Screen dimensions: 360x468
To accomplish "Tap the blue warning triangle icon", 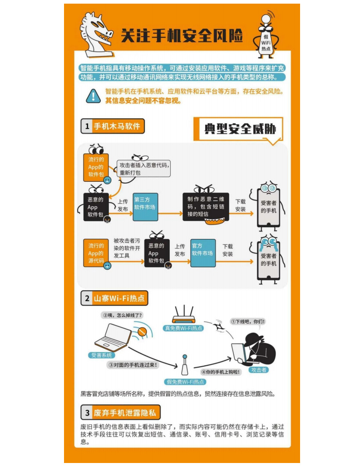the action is point(93,96).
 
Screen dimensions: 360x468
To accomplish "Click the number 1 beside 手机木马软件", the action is point(87,126).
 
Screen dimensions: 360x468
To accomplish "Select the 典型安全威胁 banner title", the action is point(240,129).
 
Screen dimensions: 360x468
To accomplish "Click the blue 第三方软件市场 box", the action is point(145,207).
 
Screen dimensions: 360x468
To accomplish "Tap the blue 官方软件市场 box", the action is point(203,253).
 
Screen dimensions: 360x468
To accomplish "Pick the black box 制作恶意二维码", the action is point(206,207).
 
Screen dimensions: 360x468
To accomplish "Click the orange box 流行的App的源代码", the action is point(96,253).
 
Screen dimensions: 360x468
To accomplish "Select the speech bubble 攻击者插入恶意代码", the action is point(144,169).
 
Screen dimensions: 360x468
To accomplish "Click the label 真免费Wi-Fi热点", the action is point(184,329).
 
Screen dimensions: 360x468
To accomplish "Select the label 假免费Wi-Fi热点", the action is point(185,382).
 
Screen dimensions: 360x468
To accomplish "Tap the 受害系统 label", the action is point(101,355).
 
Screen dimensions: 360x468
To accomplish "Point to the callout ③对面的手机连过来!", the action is point(133,365).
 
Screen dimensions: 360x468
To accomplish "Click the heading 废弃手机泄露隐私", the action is point(125,413).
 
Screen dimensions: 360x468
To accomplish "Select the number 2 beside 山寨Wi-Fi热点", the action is point(87,298).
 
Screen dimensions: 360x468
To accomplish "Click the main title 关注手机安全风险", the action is point(182,36).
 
